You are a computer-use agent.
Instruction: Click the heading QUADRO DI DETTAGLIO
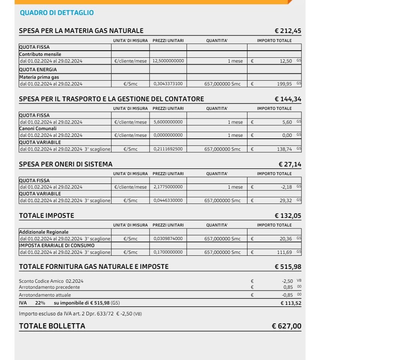pyautogui.click(x=57, y=13)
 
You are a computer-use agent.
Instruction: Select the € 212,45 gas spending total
pyautogui.click(x=288, y=31)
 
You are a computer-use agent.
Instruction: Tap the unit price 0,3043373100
pyautogui.click(x=168, y=84)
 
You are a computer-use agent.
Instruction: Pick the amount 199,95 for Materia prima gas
pyautogui.click(x=285, y=84)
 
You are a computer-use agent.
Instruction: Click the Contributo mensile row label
pyautogui.click(x=40, y=54)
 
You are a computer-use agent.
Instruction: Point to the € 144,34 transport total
pyautogui.click(x=288, y=99)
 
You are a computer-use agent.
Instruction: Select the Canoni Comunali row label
pyautogui.click(x=38, y=128)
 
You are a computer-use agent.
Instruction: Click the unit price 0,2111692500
pyautogui.click(x=168, y=149)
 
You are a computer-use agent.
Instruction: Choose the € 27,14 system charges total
pyautogui.click(x=290, y=164)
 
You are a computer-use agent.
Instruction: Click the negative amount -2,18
pyautogui.click(x=286, y=187)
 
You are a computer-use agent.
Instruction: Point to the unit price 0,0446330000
pyautogui.click(x=168, y=201)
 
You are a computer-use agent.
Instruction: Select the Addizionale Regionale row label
pyautogui.click(x=44, y=232)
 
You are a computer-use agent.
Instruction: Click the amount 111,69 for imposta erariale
pyautogui.click(x=285, y=252)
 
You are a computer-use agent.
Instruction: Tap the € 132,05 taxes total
pyautogui.click(x=288, y=216)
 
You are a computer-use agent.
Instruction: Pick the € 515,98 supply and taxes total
pyautogui.click(x=288, y=267)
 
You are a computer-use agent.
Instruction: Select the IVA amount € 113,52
pyautogui.click(x=291, y=303)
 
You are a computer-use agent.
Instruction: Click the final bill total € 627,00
pyautogui.click(x=286, y=326)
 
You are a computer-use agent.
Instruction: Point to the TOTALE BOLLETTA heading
pyautogui.click(x=52, y=326)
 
